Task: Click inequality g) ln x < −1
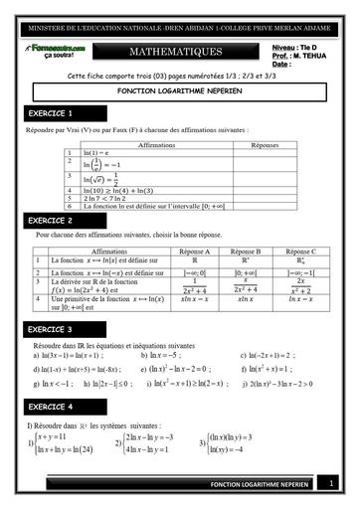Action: click(54, 383)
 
